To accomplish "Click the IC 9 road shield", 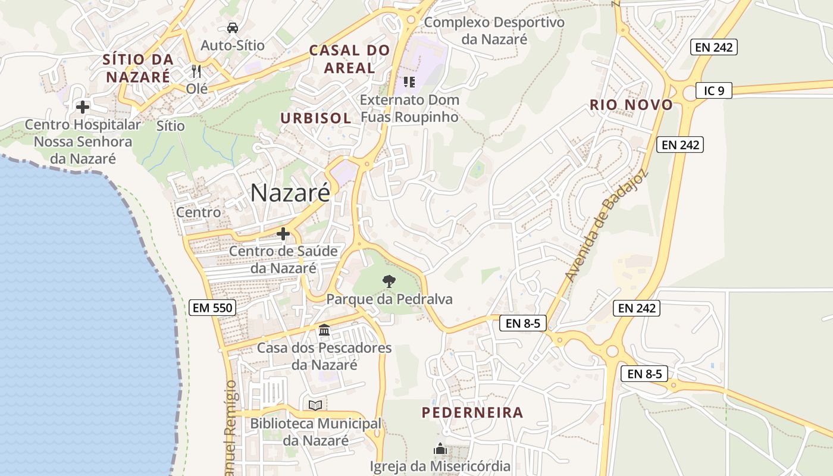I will coord(714,91).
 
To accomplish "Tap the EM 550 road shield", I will coord(212,308).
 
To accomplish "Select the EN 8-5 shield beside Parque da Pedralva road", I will coord(522,323).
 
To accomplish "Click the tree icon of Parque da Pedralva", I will coord(389,281).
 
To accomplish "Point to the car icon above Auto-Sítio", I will coord(232,27).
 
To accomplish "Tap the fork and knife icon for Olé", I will coord(197,71).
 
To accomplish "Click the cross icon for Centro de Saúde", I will coord(283,233).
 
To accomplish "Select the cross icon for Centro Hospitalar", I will coord(83,107).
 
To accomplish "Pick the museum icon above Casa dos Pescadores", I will coord(324,330).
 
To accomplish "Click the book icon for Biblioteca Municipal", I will coord(315,405).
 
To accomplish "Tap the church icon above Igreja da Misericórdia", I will coord(440,448).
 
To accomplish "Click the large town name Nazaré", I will coord(290,193).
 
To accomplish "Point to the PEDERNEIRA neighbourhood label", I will coord(472,412).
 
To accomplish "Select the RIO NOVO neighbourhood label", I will coord(631,105).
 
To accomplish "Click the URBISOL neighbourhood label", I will coord(316,118).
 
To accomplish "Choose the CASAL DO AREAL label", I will coord(349,59).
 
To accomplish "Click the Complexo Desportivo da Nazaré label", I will coord(494,31).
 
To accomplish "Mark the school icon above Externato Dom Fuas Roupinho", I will coord(409,82).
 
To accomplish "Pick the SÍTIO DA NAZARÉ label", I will coord(138,68).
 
